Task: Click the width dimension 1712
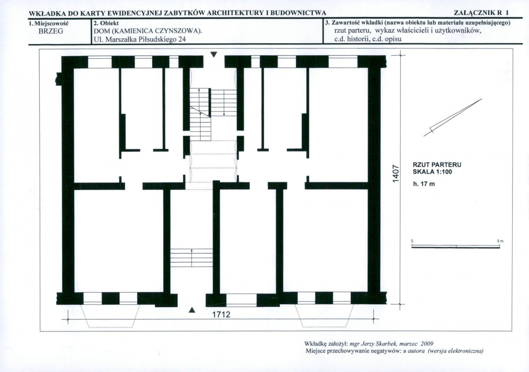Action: [221, 314]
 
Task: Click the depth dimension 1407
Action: [396, 174]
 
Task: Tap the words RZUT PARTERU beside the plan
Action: [437, 165]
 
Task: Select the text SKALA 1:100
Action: [432, 172]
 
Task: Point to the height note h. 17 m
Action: [424, 184]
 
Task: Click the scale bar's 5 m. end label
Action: [500, 241]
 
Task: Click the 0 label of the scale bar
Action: [412, 241]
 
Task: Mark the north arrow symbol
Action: [453, 118]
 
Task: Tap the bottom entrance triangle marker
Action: [192, 310]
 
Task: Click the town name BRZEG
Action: [51, 31]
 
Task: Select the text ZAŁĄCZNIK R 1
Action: [481, 13]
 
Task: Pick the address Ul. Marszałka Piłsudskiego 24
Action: [140, 39]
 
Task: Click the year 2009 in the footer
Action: [427, 344]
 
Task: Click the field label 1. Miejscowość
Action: [49, 23]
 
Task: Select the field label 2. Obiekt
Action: [106, 23]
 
